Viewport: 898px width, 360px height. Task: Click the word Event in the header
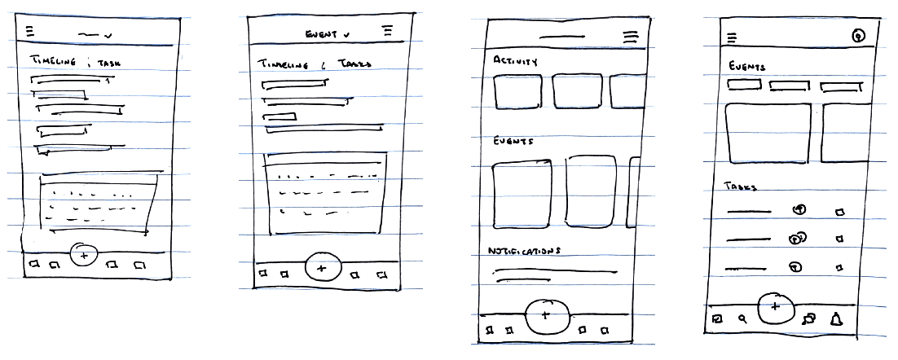pos(321,34)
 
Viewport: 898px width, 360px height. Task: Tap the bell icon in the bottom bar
pos(835,319)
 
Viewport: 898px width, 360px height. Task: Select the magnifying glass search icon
pos(742,319)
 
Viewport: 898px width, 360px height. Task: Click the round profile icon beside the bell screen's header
pos(856,36)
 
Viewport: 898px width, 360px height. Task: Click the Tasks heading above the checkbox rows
pos(741,187)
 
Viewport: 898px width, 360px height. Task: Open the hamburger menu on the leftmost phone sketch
pos(30,32)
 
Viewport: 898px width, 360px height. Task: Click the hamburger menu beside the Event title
pos(387,30)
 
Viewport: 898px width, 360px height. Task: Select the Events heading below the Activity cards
pos(513,141)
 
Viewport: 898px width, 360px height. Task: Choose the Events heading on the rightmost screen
pos(746,66)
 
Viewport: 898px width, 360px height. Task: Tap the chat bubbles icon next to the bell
pos(808,319)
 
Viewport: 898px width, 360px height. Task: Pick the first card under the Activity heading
pos(517,91)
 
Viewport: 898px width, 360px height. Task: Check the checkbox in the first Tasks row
pos(839,213)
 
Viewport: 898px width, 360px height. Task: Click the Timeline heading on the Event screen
pos(280,64)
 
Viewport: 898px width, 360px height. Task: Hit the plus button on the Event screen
pos(321,267)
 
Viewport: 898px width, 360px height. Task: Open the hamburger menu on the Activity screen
pos(630,37)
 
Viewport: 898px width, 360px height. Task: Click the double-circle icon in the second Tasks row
pos(797,239)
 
